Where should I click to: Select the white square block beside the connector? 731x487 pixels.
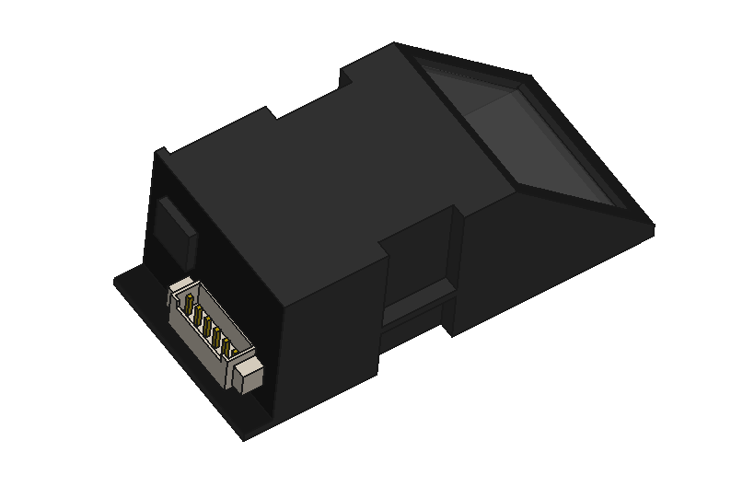point(249,377)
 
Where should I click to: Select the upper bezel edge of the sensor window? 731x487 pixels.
point(470,61)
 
